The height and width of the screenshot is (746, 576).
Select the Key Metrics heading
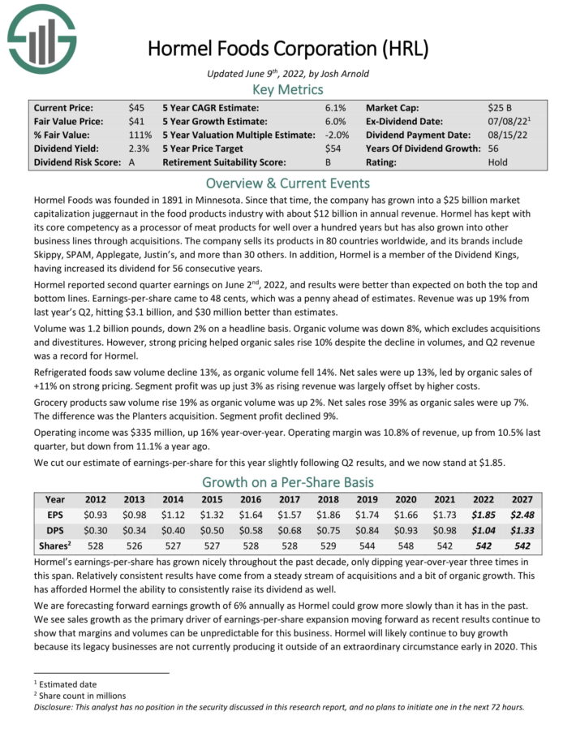tap(287, 89)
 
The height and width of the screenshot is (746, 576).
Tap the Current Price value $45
tap(136, 107)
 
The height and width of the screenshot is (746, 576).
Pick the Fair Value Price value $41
tap(136, 121)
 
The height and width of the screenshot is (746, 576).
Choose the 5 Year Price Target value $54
tap(333, 149)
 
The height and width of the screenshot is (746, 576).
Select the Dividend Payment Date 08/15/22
tap(502, 135)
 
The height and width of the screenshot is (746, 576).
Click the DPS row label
tap(55, 529)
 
